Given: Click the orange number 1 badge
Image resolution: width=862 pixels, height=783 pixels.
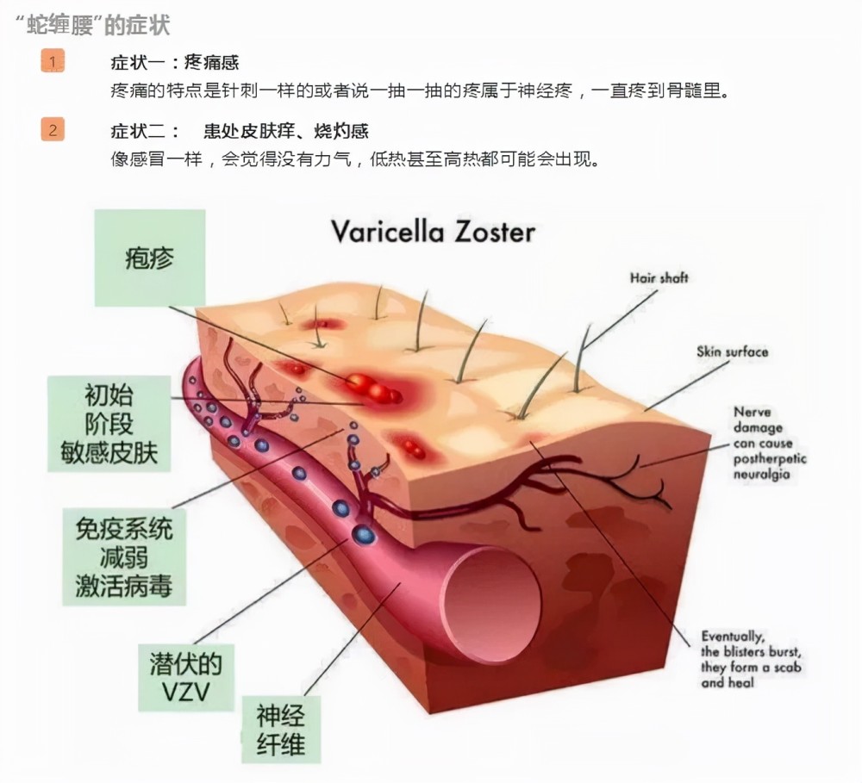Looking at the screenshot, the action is (53, 61).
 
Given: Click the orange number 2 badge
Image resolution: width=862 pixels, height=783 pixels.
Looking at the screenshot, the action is (53, 130).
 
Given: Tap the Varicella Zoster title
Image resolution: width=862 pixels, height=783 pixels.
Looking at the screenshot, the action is (434, 232).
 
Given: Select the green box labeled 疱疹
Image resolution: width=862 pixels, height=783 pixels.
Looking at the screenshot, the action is (149, 258).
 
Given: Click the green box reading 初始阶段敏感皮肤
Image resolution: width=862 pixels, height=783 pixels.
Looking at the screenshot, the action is (109, 424).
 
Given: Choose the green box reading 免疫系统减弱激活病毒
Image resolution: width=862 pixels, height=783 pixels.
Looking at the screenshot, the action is (123, 556).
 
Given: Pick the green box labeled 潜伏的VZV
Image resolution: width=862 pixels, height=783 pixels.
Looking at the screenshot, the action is (186, 678).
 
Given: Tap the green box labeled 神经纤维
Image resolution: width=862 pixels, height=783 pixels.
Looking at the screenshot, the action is (280, 730).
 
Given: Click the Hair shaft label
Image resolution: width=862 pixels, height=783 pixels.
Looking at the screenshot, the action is (659, 278).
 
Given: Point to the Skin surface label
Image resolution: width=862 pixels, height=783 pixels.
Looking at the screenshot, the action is (732, 351).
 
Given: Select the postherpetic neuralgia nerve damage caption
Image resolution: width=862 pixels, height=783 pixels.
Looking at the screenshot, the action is (769, 443).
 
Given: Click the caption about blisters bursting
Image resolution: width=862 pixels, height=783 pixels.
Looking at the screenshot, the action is (751, 659).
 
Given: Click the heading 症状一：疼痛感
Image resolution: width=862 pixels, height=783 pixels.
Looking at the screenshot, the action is (175, 62).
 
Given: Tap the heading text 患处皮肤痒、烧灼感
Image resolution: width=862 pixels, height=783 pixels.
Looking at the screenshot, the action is (286, 131).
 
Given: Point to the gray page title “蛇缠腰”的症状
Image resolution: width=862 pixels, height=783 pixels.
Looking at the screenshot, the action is (92, 25).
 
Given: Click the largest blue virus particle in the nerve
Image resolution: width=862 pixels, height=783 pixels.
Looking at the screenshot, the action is (363, 533).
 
